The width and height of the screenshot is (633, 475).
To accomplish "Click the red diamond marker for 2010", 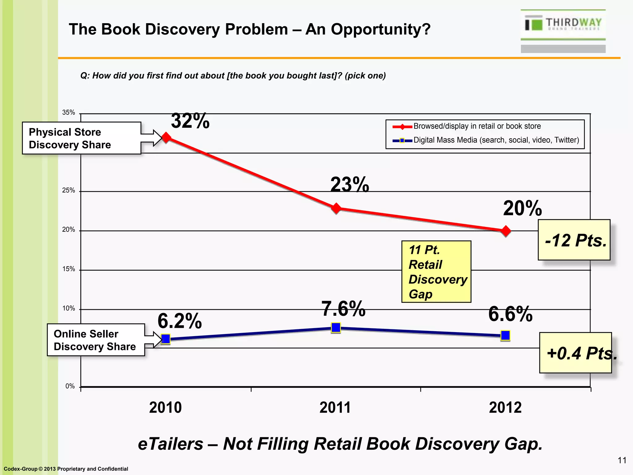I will pyautogui.click(x=166, y=137).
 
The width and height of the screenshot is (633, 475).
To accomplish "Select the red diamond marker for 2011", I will pyautogui.click(x=336, y=208).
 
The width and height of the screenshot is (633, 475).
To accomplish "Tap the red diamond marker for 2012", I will pyautogui.click(x=506, y=231).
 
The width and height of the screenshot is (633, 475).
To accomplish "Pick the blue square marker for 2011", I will pyautogui.click(x=336, y=327).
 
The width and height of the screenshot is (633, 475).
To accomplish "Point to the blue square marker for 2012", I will pyautogui.click(x=505, y=335).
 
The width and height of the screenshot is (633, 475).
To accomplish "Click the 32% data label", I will pyautogui.click(x=190, y=121).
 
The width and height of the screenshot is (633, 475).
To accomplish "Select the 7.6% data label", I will pyautogui.click(x=343, y=309).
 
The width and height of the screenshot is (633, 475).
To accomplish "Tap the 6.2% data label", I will pyautogui.click(x=180, y=321).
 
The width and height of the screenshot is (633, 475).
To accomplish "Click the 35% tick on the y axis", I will pyautogui.click(x=69, y=113).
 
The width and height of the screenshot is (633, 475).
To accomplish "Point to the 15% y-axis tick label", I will pyautogui.click(x=69, y=269).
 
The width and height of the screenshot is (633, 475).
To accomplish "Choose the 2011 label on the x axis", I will pyautogui.click(x=335, y=407).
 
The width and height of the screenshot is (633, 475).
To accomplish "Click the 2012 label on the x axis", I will pyautogui.click(x=505, y=407).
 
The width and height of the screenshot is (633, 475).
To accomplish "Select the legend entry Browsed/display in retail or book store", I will pyautogui.click(x=477, y=126).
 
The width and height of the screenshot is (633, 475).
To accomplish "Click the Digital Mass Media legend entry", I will pyautogui.click(x=496, y=140).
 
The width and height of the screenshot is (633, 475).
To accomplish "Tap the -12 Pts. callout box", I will pyautogui.click(x=574, y=240).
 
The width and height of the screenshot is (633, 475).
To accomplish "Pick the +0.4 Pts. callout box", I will pyautogui.click(x=576, y=353).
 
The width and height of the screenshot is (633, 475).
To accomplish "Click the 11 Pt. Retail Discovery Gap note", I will pyautogui.click(x=436, y=272).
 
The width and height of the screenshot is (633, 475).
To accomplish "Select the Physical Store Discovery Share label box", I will pyautogui.click(x=82, y=138).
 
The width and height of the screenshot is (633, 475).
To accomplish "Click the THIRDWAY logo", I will pyautogui.click(x=563, y=24).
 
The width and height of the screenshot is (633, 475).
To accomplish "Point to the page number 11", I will pyautogui.click(x=622, y=460).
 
